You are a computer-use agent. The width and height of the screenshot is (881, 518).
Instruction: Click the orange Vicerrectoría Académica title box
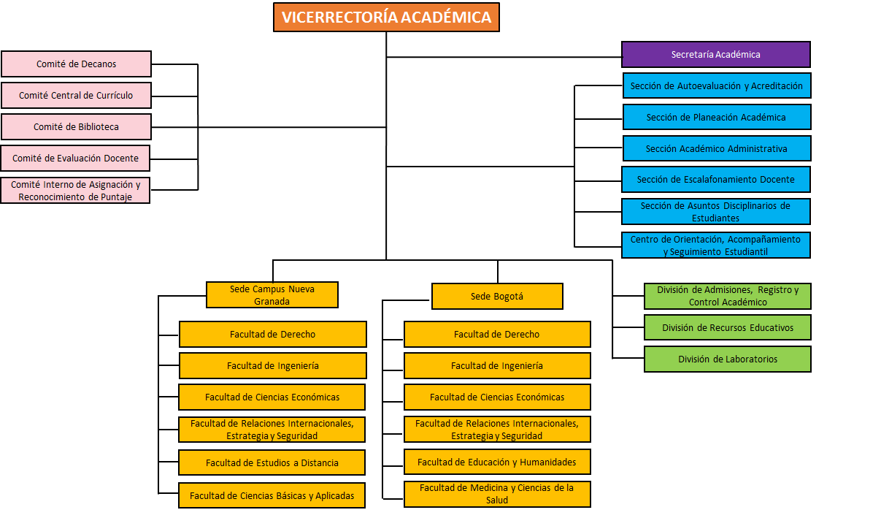(386, 18)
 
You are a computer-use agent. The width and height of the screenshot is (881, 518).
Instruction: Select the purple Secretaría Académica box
(715, 55)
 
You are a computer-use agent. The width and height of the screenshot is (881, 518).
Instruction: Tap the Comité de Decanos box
(76, 64)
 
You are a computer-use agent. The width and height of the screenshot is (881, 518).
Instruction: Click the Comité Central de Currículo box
(76, 96)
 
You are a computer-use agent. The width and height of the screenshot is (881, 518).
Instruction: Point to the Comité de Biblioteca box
(76, 127)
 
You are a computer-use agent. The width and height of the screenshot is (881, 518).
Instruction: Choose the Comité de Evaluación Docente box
(75, 159)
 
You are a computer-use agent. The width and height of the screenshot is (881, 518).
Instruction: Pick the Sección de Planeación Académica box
(716, 118)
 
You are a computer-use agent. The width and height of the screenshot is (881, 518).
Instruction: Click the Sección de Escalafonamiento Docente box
(715, 180)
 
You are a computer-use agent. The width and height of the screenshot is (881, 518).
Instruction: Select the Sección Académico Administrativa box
(716, 149)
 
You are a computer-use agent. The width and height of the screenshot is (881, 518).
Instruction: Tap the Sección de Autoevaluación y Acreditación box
(716, 86)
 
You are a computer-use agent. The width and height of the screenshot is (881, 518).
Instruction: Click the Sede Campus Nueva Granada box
(272, 295)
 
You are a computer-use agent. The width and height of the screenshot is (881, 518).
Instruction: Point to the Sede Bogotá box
(497, 297)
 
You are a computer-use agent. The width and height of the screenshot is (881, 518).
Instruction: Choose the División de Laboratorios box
(727, 359)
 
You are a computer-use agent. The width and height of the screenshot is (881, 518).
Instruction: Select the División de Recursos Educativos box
(727, 328)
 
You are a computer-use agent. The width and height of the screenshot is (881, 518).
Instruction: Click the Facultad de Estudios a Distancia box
(272, 463)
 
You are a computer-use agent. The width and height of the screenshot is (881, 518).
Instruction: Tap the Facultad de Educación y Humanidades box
(497, 462)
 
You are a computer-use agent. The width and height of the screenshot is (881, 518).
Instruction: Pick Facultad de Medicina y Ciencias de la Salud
(497, 494)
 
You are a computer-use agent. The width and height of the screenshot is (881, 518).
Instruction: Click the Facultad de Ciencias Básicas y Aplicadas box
(272, 496)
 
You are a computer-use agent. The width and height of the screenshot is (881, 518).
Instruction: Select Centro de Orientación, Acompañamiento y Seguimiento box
(716, 245)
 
